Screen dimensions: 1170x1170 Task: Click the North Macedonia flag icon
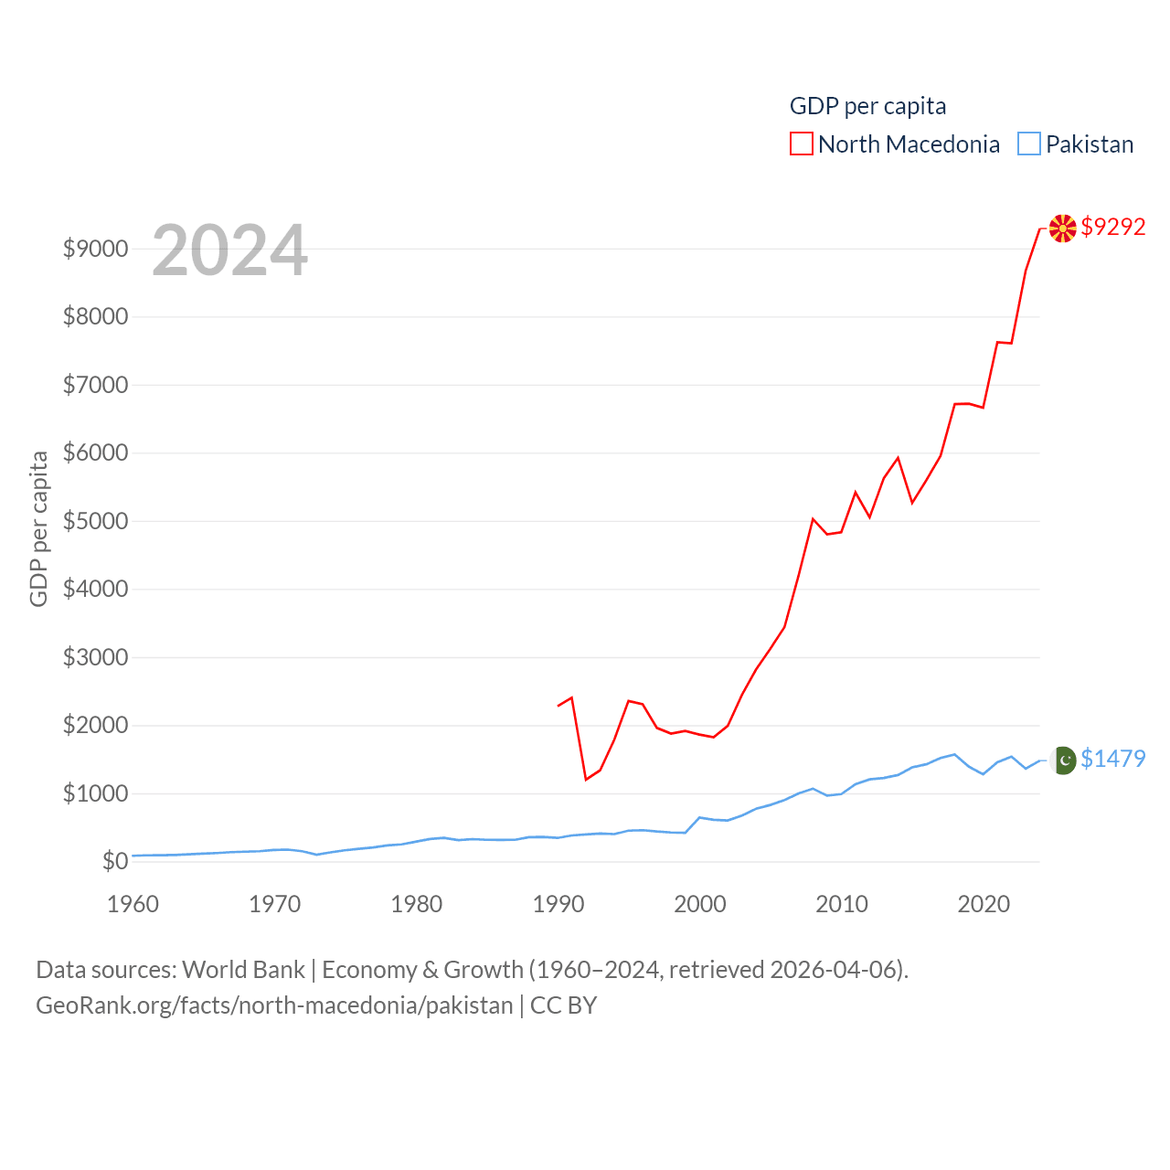pyautogui.click(x=1062, y=229)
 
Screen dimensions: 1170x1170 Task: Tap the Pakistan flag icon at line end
pyautogui.click(x=1064, y=760)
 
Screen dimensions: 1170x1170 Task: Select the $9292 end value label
pyautogui.click(x=1112, y=227)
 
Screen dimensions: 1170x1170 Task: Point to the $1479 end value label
pyautogui.click(x=1112, y=759)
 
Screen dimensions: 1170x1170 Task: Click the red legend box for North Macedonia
pyautogui.click(x=802, y=144)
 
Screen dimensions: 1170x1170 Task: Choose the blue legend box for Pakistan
pyautogui.click(x=1029, y=144)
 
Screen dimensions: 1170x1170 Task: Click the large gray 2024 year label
pyautogui.click(x=229, y=250)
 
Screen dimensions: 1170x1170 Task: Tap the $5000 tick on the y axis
pyautogui.click(x=95, y=521)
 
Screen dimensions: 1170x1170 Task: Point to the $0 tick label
pyautogui.click(x=115, y=861)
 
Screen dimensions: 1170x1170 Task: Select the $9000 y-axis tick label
pyautogui.click(x=95, y=249)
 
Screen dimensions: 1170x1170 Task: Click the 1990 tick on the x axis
pyautogui.click(x=558, y=904)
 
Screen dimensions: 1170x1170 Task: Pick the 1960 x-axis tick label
pyautogui.click(x=133, y=904)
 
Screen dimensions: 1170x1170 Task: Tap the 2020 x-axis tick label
pyautogui.click(x=984, y=904)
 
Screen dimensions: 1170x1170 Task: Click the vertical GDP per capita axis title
pyautogui.click(x=38, y=528)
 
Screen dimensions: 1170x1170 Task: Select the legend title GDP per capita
pyautogui.click(x=867, y=106)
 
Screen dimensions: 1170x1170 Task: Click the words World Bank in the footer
pyautogui.click(x=243, y=970)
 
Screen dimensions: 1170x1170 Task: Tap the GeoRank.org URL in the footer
pyautogui.click(x=274, y=1005)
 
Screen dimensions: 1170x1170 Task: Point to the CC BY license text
pyautogui.click(x=563, y=1005)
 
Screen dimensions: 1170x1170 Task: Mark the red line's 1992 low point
pyautogui.click(x=586, y=780)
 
